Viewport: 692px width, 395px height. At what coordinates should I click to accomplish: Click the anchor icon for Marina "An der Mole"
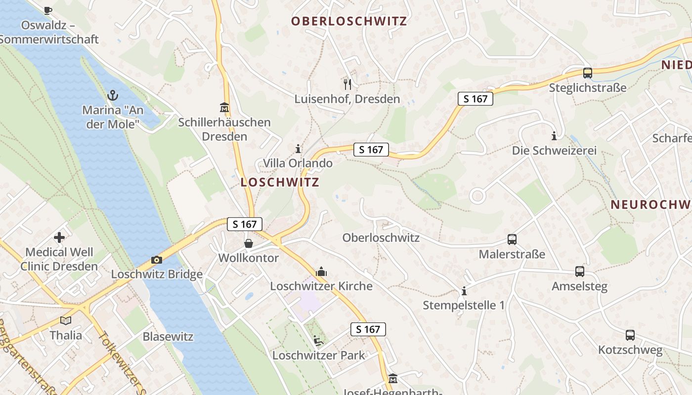(x=113, y=94)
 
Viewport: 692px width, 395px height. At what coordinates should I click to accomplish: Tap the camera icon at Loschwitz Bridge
(x=156, y=260)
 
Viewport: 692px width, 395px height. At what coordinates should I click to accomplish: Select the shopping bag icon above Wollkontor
(x=248, y=243)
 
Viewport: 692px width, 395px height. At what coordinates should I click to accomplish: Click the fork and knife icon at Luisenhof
(x=347, y=84)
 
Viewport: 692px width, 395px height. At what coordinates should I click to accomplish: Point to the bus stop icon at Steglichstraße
(x=587, y=73)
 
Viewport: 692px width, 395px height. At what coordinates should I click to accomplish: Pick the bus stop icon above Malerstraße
(x=512, y=239)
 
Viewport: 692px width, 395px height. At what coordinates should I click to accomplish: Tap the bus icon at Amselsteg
(x=579, y=272)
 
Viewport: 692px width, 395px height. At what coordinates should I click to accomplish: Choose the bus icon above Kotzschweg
(x=630, y=335)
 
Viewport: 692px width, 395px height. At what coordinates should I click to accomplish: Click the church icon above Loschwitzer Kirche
(x=321, y=271)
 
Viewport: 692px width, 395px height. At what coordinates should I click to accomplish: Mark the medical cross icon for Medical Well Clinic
(x=59, y=237)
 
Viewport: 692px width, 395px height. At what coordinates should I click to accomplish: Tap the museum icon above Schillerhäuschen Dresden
(x=224, y=107)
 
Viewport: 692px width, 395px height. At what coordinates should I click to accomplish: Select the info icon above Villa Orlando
(x=298, y=148)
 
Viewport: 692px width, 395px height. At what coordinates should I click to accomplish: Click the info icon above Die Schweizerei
(x=554, y=135)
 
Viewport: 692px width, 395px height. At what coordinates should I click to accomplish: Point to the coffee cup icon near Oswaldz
(x=48, y=10)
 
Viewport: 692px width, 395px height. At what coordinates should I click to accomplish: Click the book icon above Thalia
(x=65, y=320)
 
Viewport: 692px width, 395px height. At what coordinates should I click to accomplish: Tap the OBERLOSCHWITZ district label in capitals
(x=348, y=21)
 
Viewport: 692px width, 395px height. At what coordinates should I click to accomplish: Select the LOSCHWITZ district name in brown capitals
(x=280, y=182)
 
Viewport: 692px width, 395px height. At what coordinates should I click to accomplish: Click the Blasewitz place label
(x=168, y=337)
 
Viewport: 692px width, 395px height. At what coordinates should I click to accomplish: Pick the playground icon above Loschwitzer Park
(x=318, y=340)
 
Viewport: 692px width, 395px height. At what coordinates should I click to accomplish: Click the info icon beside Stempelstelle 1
(x=464, y=291)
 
